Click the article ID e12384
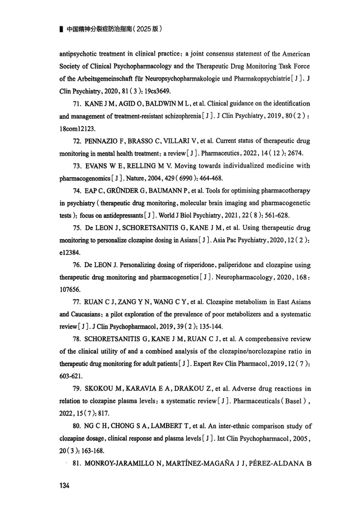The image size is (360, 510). coord(69,253)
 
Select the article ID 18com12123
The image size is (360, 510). coord(78,129)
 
